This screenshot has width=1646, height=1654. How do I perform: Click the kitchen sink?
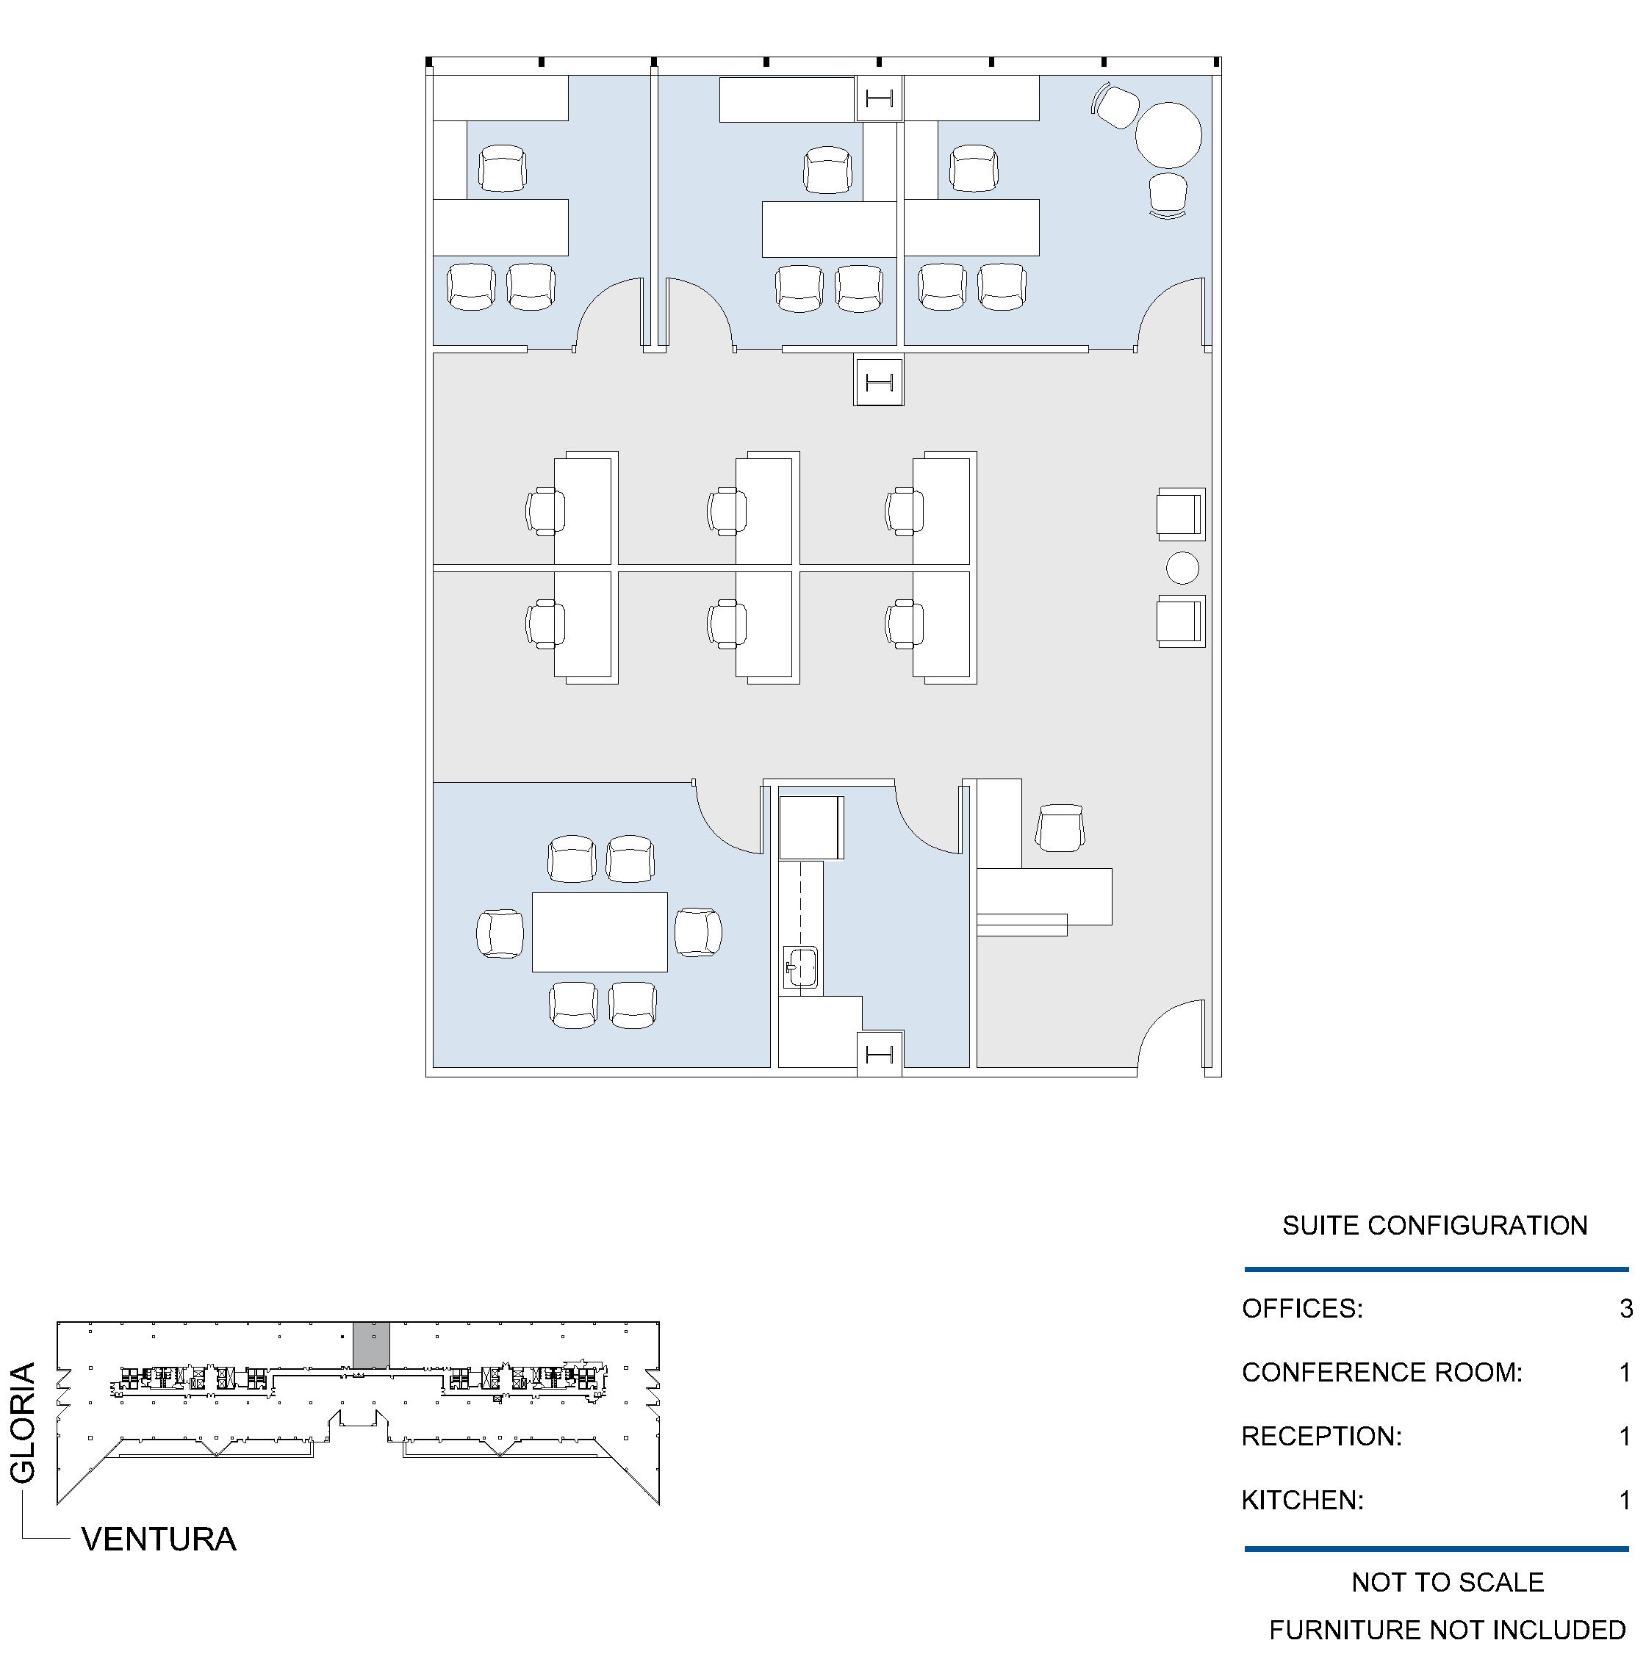coord(801,967)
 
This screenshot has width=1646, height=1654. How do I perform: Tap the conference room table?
coord(600,932)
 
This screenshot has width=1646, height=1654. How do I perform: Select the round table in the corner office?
coord(1168,135)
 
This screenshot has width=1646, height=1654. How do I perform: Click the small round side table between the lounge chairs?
coord(1182,568)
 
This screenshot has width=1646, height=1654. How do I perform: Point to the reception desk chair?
coord(1060,828)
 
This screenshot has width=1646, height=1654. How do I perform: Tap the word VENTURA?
coord(159,1539)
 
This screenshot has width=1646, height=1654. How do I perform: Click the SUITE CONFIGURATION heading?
coord(1434,1225)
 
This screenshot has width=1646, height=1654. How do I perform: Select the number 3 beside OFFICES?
coord(1625,1308)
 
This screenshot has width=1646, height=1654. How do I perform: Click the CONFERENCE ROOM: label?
coord(1382,1373)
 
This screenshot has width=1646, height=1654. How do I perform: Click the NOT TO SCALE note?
coord(1448,1582)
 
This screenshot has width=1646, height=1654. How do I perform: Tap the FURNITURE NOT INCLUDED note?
coord(1448,1629)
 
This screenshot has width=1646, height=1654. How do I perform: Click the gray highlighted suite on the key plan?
coord(372,1345)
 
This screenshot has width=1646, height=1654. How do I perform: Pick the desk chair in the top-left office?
coord(503,169)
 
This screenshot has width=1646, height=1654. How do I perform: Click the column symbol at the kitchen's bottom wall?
coord(880,1054)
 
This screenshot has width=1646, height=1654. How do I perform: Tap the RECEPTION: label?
coord(1321,1436)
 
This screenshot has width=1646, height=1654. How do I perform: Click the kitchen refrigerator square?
coord(811,827)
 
